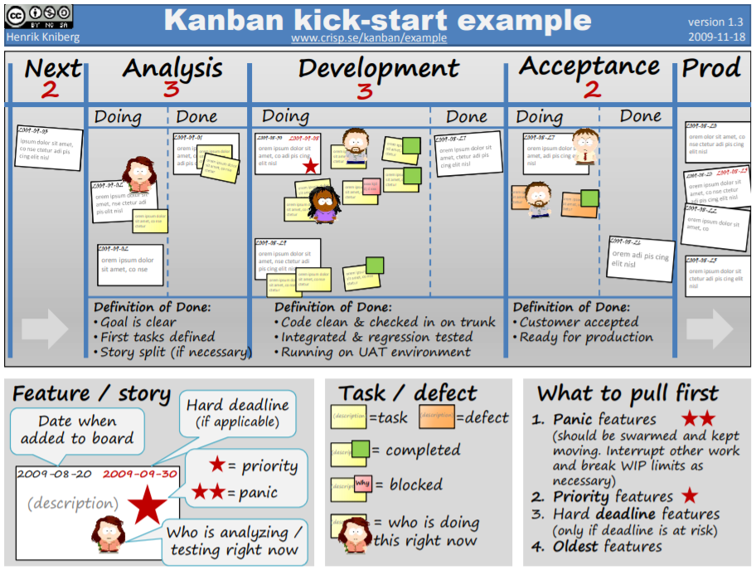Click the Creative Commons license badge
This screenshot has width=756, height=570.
point(38,17)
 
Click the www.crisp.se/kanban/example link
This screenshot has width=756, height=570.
point(369,38)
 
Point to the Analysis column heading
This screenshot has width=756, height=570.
point(172,68)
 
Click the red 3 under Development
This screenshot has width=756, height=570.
point(365,90)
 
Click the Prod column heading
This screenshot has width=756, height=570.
point(711,68)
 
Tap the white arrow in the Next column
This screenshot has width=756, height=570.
point(45,329)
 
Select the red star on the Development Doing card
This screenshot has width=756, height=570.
point(310,166)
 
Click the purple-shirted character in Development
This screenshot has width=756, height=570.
point(324,204)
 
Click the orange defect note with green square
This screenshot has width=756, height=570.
point(580,203)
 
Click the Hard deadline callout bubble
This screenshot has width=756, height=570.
point(237,412)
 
